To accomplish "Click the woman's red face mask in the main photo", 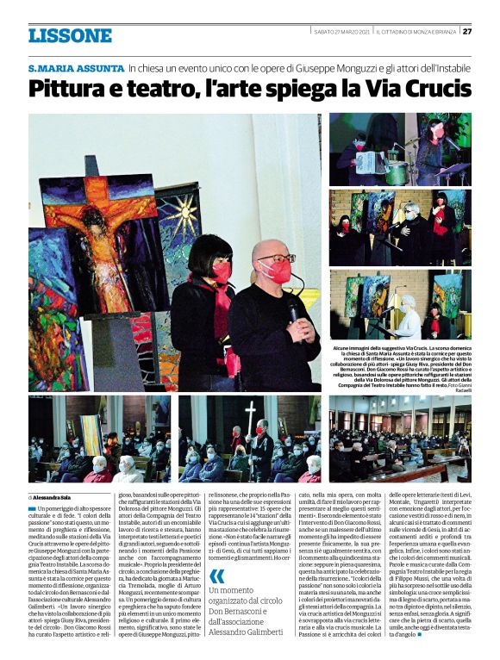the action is tap(221, 273).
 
